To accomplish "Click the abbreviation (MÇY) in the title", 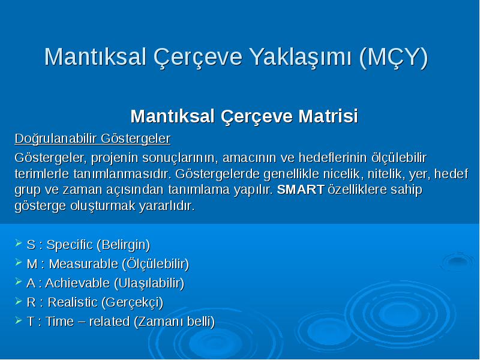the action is point(394,57).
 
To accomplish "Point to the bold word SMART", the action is point(301,190).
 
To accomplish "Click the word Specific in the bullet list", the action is point(70,245).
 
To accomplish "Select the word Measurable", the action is point(83,264).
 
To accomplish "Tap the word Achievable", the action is point(77,283).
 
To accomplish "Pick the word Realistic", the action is point(73,302).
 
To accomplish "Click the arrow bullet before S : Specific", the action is point(19,244).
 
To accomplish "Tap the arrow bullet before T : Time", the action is point(19,320).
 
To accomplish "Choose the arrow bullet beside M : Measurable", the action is point(19,263).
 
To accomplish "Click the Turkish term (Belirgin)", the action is point(124,245).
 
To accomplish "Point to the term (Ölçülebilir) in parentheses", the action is point(155,264).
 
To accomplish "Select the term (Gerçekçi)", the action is point(132,303).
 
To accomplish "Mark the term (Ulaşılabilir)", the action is point(149,283).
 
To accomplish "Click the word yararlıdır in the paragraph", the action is point(167,206).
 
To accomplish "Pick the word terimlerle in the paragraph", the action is point(41,174).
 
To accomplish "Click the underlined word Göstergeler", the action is point(136,139).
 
